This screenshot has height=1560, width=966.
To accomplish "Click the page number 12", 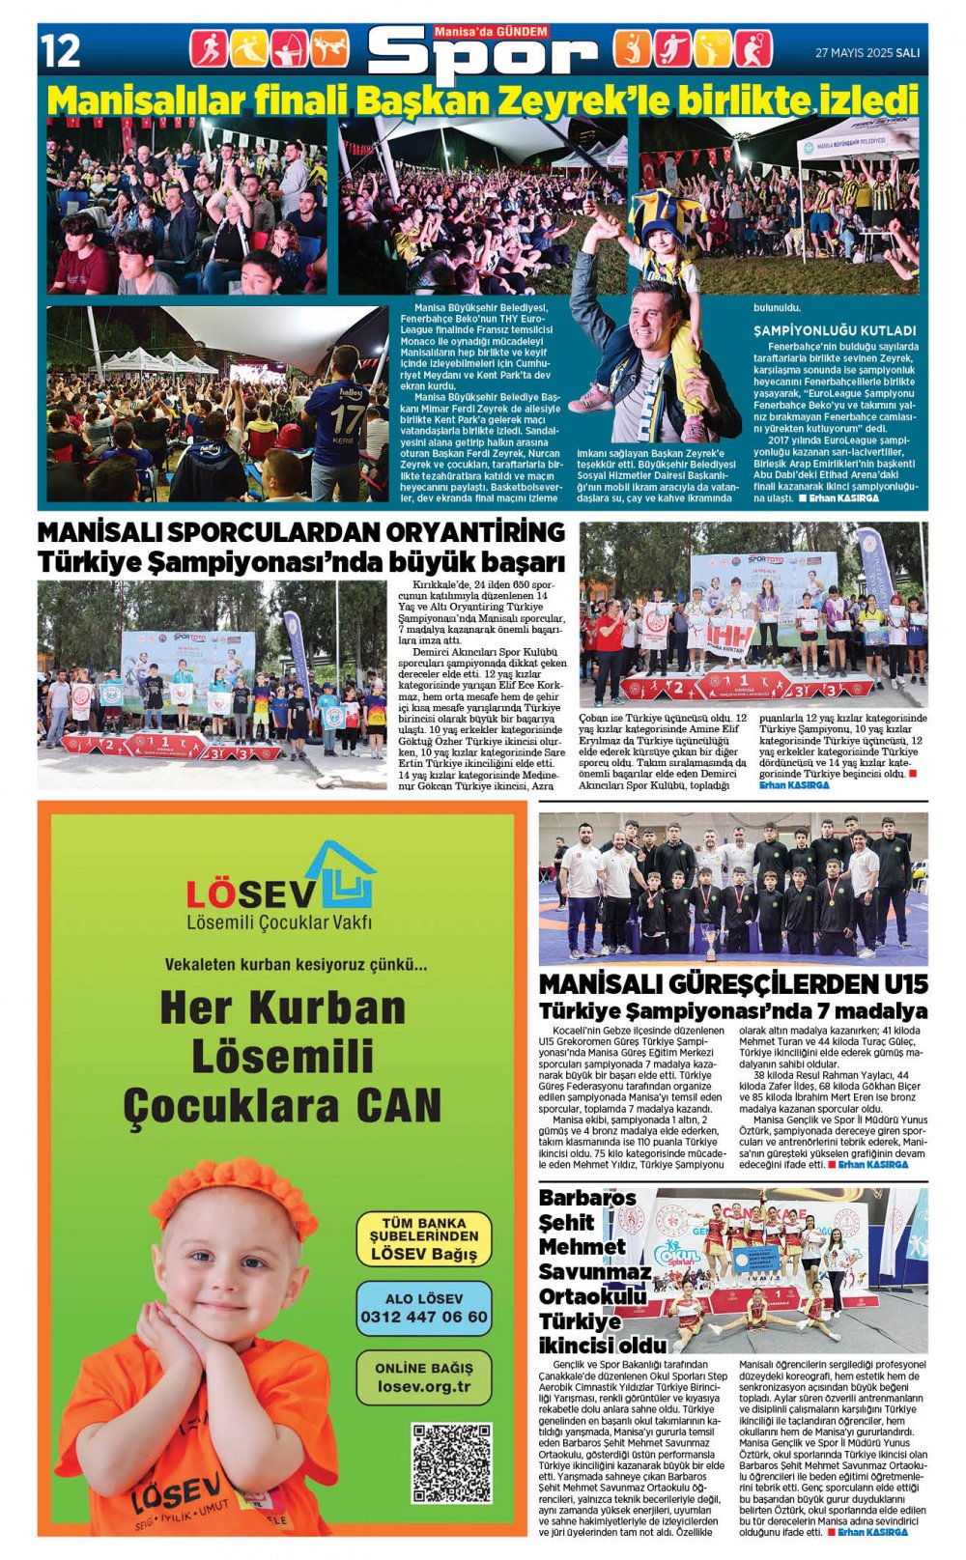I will point(60,50).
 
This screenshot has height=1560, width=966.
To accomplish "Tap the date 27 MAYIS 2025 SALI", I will point(867,53).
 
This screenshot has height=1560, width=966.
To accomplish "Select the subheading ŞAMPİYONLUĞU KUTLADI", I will point(835,330).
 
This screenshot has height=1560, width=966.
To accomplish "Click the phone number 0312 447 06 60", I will point(423,1317).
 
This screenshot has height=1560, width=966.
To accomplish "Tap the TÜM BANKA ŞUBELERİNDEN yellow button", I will point(423,1238).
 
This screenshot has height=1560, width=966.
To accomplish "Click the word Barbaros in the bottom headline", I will point(587,1198).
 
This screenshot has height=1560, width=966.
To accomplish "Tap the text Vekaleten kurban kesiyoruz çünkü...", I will point(296,964).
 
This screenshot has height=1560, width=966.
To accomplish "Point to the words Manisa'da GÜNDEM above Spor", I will point(491,32).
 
